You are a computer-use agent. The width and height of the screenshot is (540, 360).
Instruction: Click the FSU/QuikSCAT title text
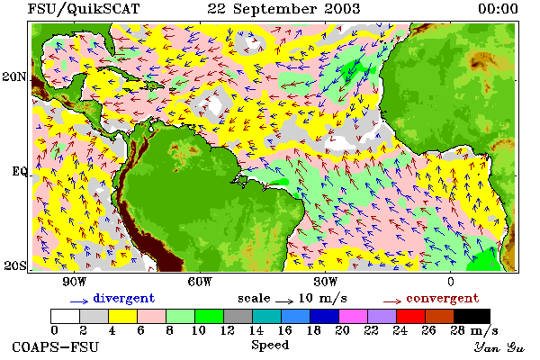(84, 9)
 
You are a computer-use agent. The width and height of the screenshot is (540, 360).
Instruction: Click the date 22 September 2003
(283, 9)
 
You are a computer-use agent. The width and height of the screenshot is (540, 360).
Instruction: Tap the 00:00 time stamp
(498, 9)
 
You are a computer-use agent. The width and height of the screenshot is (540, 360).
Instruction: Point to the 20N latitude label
(13, 76)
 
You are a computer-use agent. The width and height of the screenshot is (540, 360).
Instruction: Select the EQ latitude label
(19, 172)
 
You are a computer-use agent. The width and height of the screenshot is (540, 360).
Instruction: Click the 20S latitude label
(14, 265)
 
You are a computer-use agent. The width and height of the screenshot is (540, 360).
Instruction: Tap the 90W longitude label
(74, 282)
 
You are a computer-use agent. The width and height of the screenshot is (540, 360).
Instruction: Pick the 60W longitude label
(200, 282)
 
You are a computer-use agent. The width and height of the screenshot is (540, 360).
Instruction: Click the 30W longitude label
(326, 282)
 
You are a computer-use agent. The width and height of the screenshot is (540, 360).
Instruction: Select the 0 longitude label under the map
(451, 282)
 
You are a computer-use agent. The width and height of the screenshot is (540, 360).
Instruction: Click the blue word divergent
(123, 298)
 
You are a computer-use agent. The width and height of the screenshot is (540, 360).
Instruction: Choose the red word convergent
(443, 298)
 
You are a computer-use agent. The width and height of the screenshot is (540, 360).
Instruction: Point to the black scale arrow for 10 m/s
(284, 301)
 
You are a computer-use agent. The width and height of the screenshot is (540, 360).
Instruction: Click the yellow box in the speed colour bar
(122, 316)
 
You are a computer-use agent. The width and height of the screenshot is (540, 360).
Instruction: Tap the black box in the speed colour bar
(472, 316)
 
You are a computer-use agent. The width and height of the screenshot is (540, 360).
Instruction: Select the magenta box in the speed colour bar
(353, 316)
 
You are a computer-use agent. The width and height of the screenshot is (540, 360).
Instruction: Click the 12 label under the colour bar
(227, 330)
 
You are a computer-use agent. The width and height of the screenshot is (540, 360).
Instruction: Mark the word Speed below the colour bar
(270, 346)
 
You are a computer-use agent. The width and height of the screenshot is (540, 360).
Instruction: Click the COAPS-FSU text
(55, 346)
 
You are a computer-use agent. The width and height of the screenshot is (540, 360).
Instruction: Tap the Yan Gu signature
(499, 347)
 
